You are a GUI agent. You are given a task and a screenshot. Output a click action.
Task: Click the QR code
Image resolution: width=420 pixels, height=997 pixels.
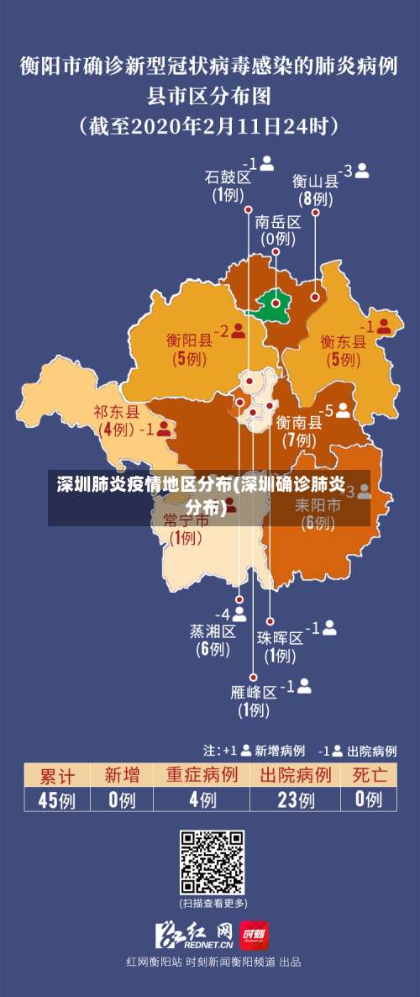pos(213,862)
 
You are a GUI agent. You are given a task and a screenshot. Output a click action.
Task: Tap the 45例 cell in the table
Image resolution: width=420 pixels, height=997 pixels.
pos(56,799)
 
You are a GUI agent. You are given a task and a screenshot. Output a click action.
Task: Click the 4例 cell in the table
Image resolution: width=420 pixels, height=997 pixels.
pos(202,799)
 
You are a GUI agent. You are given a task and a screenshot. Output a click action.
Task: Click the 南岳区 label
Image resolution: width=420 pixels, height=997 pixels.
pos(277,222)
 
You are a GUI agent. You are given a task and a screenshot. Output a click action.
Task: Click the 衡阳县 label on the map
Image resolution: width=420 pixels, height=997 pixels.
pos(189,340)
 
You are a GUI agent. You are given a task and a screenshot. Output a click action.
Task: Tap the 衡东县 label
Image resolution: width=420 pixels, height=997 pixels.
pos(343,341)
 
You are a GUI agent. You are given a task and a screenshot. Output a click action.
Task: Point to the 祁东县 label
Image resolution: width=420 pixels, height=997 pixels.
pos(116,411)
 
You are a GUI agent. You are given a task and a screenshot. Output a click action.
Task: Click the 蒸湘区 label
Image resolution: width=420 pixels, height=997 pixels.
pos(213,630)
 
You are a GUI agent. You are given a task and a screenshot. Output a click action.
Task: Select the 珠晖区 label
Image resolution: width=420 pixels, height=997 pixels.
pos(280,637)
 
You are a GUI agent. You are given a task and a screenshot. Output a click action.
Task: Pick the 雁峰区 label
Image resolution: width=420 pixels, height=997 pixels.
pos(253,692)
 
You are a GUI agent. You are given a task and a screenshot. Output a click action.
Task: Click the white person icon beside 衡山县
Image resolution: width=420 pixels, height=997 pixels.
pos(362,170)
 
